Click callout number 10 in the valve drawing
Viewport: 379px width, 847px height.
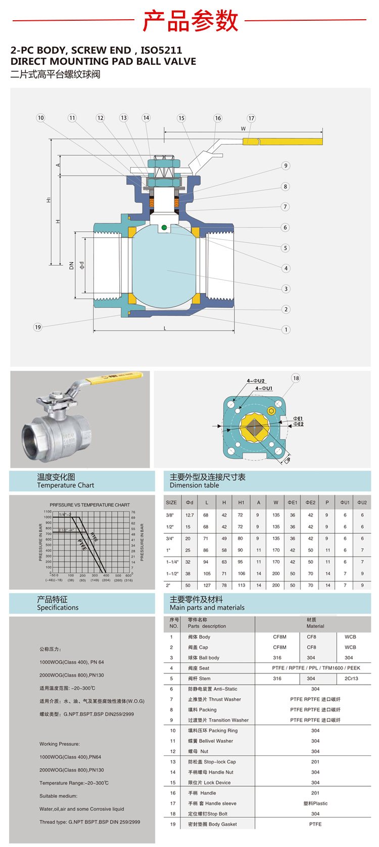pyautogui.click(x=40, y=118)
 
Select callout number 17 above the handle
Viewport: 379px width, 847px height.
pyautogui.click(x=251, y=118)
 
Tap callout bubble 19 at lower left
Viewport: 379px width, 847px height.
pyautogui.click(x=38, y=327)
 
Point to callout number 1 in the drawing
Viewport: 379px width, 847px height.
pyautogui.click(x=286, y=329)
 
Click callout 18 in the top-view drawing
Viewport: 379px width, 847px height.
pyautogui.click(x=296, y=378)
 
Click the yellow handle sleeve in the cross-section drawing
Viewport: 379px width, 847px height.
pyautogui.click(x=290, y=141)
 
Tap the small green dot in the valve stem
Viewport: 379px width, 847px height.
pyautogui.click(x=164, y=228)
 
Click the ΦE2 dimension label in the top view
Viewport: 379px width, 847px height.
pyautogui.click(x=298, y=424)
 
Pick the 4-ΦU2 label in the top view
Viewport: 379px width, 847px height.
pyautogui.click(x=256, y=380)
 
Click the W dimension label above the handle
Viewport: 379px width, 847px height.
pyautogui.click(x=243, y=129)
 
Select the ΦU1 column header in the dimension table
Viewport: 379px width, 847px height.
pyautogui.click(x=345, y=502)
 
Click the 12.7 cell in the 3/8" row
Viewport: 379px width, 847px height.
pyautogui.click(x=189, y=515)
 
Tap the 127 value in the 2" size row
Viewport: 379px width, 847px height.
pyautogui.click(x=207, y=585)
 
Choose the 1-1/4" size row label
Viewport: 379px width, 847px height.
pyautogui.click(x=172, y=562)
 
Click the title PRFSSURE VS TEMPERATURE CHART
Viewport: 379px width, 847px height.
pyautogui.click(x=89, y=505)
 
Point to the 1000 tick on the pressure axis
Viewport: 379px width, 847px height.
pyautogui.click(x=48, y=517)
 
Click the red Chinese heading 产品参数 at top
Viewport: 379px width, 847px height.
pyautogui.click(x=190, y=21)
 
